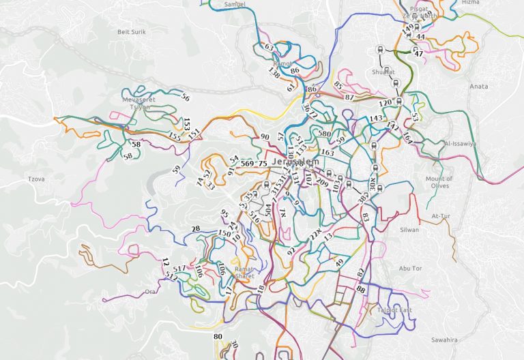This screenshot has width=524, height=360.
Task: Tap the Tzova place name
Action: [35, 179]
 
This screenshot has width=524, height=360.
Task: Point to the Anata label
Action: [479, 87]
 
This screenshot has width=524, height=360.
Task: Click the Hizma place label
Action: [471, 3]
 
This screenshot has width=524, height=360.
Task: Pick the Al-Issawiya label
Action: [460, 145]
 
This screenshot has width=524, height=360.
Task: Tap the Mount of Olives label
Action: [439, 182]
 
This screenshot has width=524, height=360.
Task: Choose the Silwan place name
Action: [409, 230]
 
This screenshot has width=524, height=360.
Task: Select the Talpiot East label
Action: [394, 310]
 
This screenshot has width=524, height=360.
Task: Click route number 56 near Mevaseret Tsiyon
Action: [185, 97]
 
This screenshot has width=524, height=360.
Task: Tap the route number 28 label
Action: [196, 229]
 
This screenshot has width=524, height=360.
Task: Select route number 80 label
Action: [218, 337]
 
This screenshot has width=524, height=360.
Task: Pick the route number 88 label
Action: [361, 290]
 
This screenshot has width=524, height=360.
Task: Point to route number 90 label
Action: [265, 137]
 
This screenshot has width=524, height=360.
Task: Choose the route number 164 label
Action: [407, 139]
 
